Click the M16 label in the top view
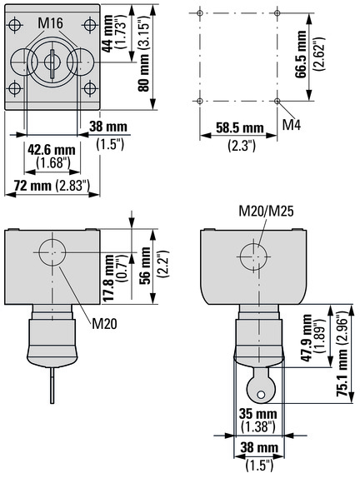(x=51, y=23)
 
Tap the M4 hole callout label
(x=292, y=125)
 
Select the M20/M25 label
(x=267, y=212)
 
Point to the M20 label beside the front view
(x=104, y=324)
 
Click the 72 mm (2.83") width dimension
(x=52, y=186)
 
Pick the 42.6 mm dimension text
(x=52, y=150)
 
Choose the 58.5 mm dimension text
(x=240, y=128)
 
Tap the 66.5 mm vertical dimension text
(x=301, y=54)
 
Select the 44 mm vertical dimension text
(x=107, y=34)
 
